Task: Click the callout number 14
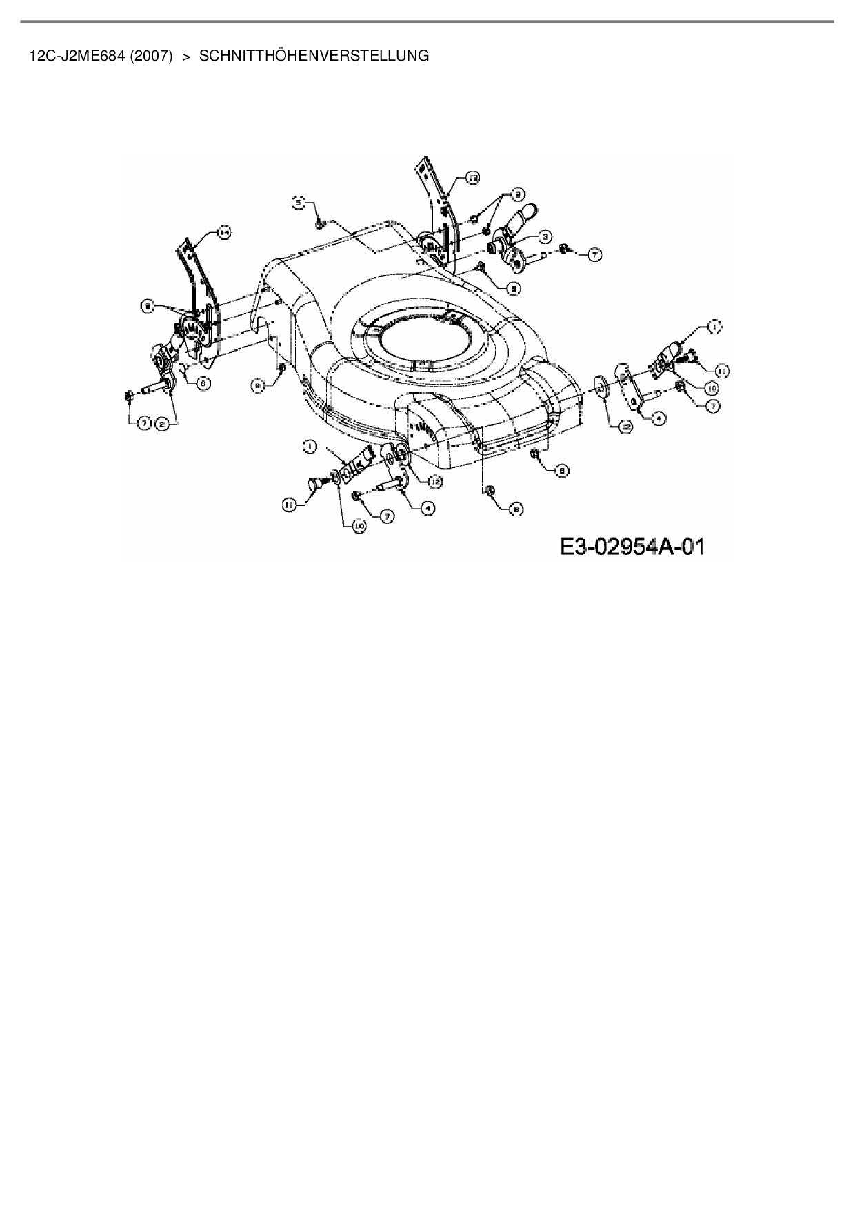[223, 233]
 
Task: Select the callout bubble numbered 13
[472, 178]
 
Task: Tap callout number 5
[299, 203]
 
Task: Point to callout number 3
[545, 236]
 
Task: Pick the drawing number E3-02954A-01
[632, 547]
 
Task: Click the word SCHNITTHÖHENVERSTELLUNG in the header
[314, 56]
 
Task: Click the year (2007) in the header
[151, 56]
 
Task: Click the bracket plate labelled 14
[198, 289]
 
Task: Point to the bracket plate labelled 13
[436, 207]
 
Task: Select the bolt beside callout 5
[319, 223]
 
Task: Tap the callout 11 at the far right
[722, 370]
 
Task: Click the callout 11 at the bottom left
[289, 505]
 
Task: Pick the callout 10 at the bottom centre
[359, 527]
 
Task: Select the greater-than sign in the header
[185, 56]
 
